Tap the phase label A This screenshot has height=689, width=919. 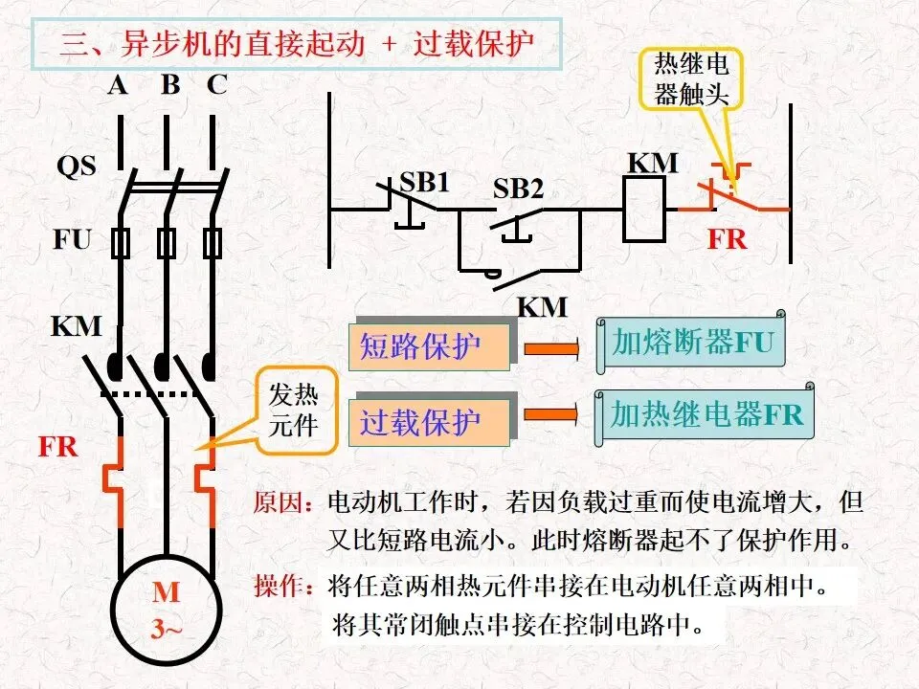117,85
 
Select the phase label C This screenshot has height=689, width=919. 216,85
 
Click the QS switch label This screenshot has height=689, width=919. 77,166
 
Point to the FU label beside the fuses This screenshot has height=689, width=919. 72,239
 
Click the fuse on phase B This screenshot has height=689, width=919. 167,243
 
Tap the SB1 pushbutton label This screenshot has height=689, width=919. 424,182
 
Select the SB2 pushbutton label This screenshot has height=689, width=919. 518,189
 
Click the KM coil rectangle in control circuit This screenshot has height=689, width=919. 644,210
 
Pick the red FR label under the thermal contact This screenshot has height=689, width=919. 728,239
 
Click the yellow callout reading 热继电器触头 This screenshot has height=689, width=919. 691,79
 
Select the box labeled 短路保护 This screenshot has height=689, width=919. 429,346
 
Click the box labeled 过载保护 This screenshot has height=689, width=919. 429,422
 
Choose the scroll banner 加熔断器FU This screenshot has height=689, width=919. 690,343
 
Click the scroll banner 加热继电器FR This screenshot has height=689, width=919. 705,414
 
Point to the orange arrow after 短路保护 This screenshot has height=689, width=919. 551,348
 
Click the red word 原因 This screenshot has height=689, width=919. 281,502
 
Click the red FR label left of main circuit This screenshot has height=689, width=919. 58,447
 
